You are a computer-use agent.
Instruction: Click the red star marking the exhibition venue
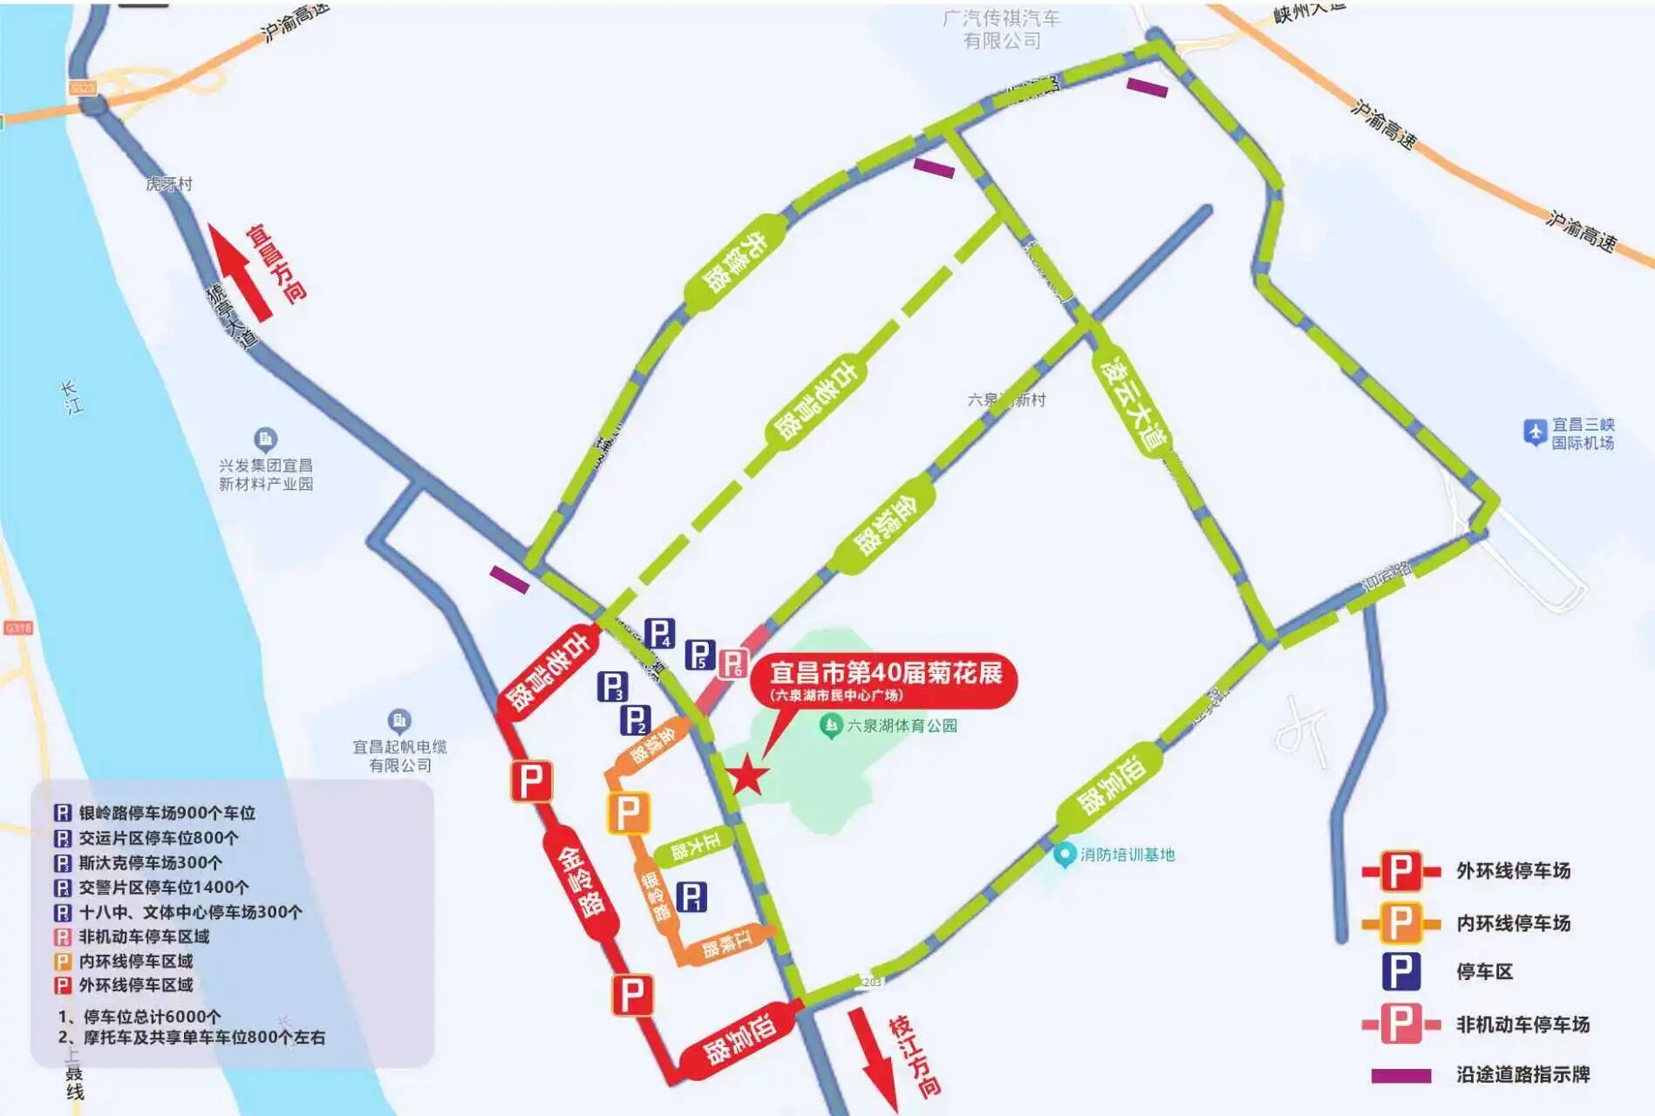(x=747, y=775)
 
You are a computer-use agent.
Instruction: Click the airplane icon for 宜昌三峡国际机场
(x=1535, y=432)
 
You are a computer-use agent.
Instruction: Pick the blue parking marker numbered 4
(x=659, y=634)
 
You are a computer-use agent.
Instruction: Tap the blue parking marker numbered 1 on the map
(x=691, y=896)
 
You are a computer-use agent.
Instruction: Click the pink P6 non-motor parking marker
(x=732, y=664)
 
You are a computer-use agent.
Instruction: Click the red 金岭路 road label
(x=580, y=881)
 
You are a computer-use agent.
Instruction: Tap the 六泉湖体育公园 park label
(x=902, y=725)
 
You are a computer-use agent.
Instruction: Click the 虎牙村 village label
(x=169, y=184)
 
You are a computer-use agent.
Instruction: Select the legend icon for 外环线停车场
(x=1400, y=871)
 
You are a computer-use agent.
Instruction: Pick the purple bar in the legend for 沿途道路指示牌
(x=1400, y=1075)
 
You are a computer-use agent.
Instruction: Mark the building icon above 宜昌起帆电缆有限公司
(x=398, y=721)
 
